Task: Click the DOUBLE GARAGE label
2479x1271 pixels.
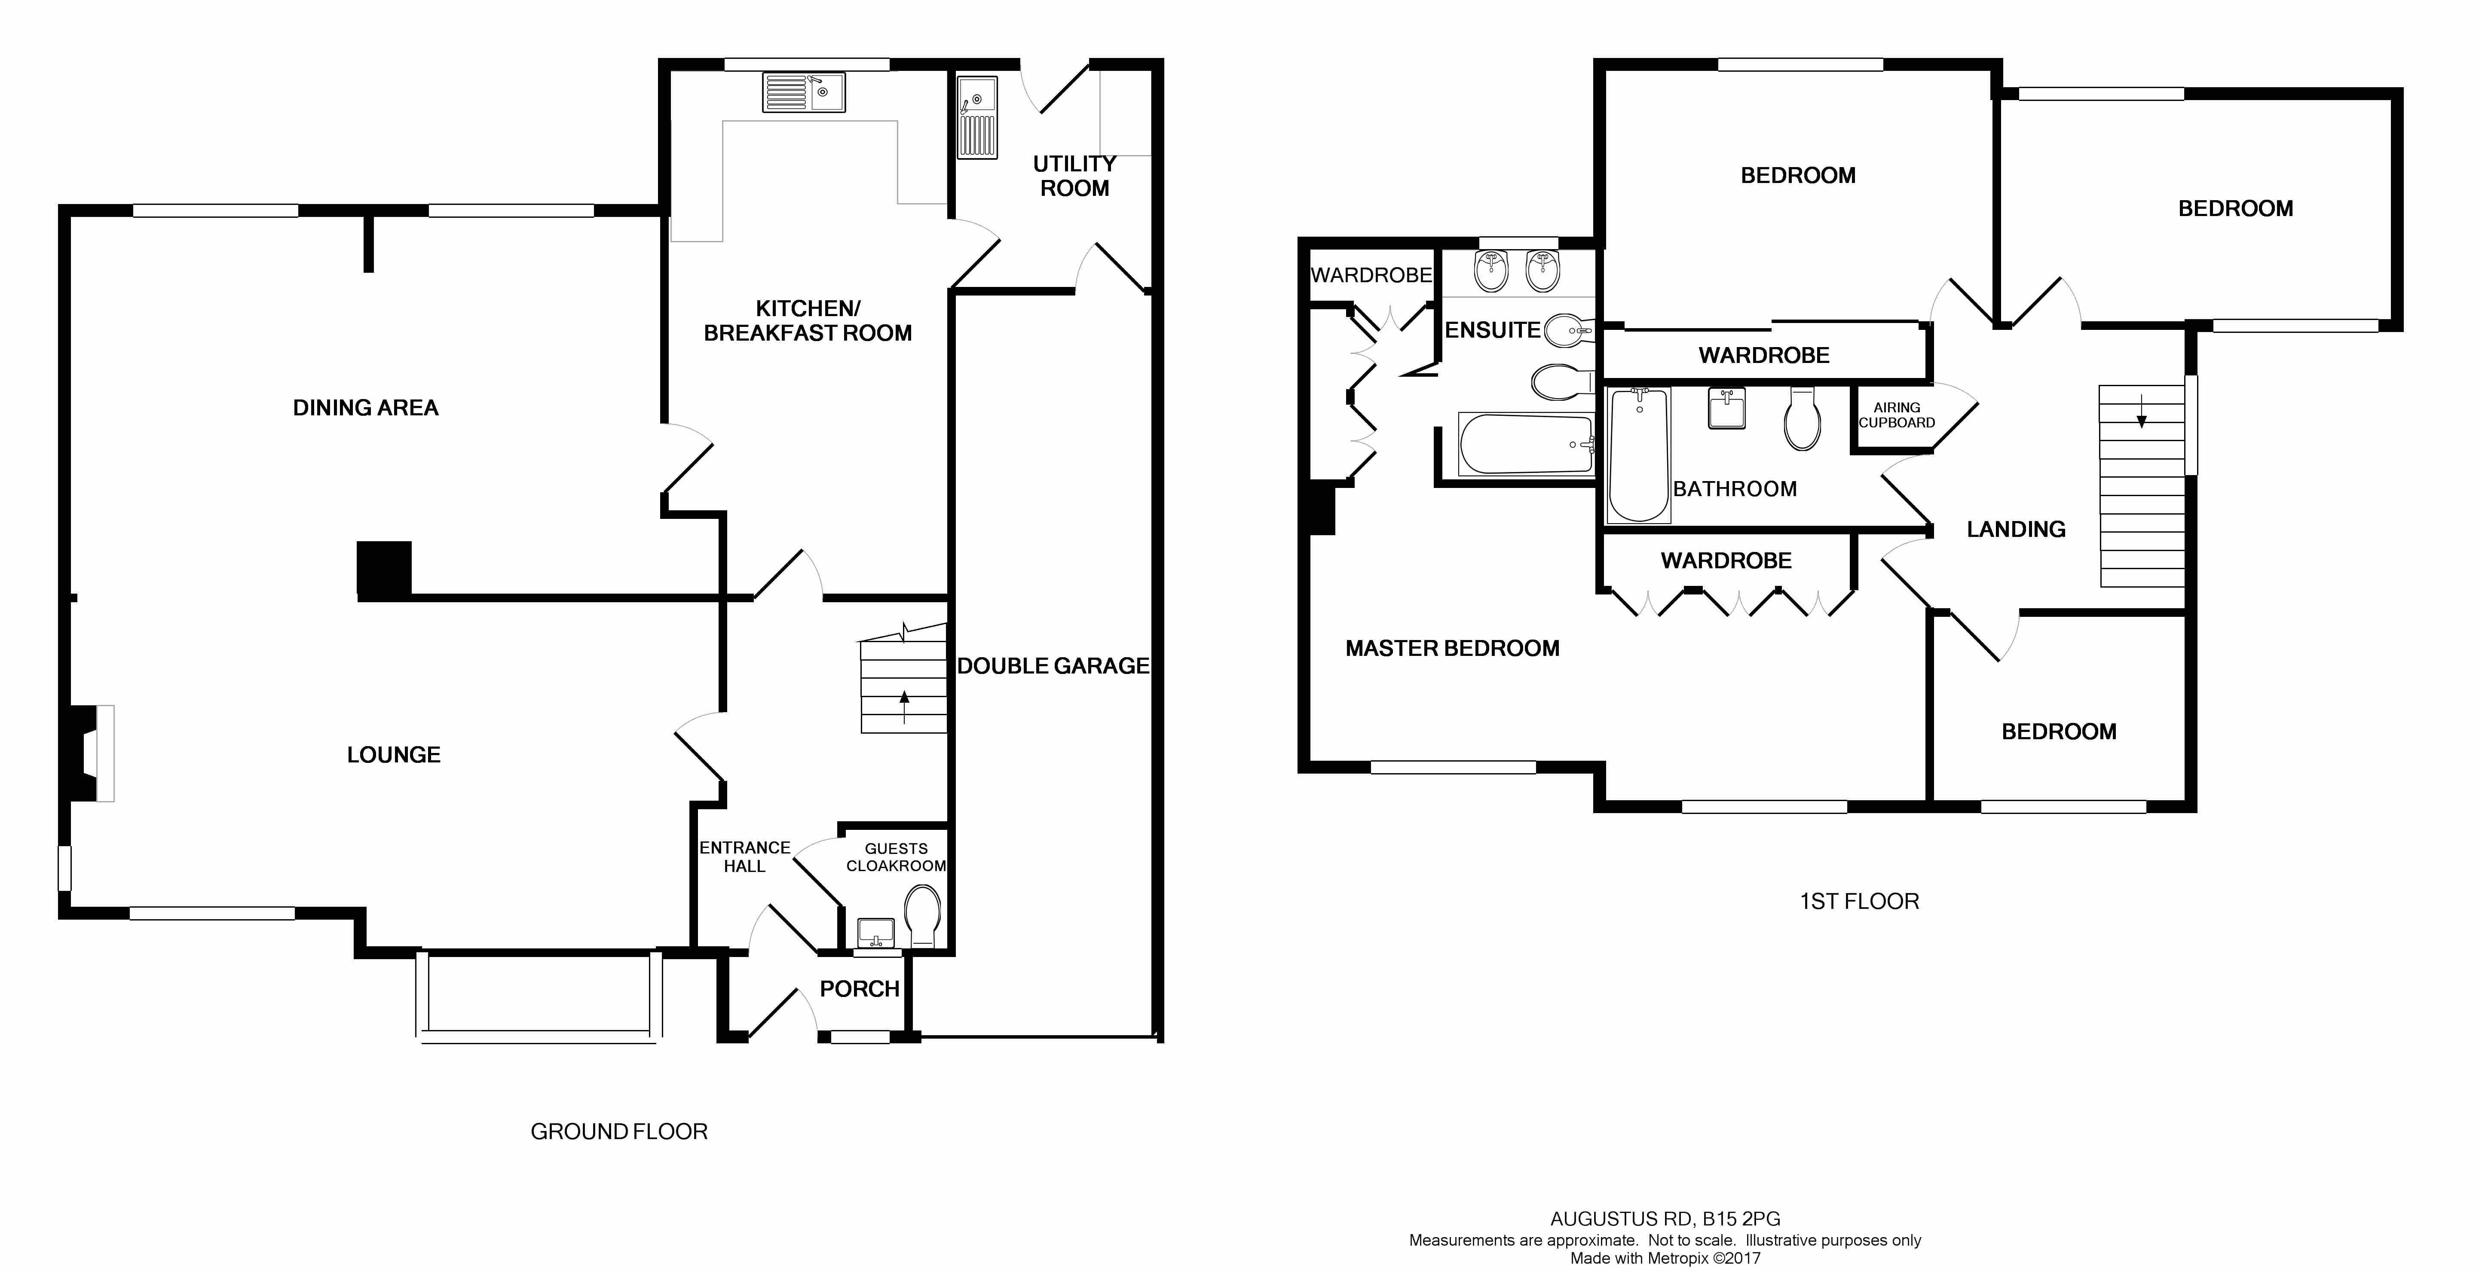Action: click(1053, 666)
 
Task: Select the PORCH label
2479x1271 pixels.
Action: click(860, 989)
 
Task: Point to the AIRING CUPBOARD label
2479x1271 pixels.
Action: click(1897, 415)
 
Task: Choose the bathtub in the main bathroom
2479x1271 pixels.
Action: click(1639, 454)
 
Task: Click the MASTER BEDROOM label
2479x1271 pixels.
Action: click(1452, 649)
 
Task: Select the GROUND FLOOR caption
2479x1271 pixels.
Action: click(619, 1131)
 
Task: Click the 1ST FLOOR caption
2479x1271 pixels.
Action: click(1859, 902)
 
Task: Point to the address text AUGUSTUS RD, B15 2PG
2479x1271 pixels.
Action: click(1665, 1219)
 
